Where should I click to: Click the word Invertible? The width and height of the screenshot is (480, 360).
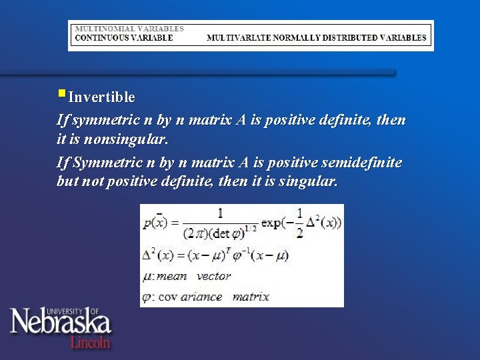101,97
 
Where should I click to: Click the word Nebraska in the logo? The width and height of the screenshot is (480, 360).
60,323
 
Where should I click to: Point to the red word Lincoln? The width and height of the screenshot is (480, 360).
91,342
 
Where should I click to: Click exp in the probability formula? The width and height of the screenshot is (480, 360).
272,221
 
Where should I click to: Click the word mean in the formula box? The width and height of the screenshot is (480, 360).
171,275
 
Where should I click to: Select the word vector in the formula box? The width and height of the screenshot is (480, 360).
214,275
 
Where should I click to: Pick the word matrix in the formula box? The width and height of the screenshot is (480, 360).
251,296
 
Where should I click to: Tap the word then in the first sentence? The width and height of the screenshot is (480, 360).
391,121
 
